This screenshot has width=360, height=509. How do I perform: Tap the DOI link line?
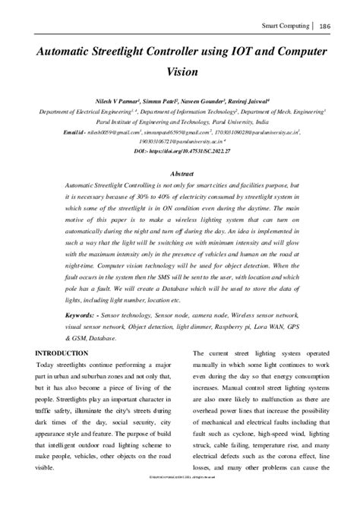180,151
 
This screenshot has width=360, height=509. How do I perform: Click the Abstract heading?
180,173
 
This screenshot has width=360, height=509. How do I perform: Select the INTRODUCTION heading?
62,353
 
